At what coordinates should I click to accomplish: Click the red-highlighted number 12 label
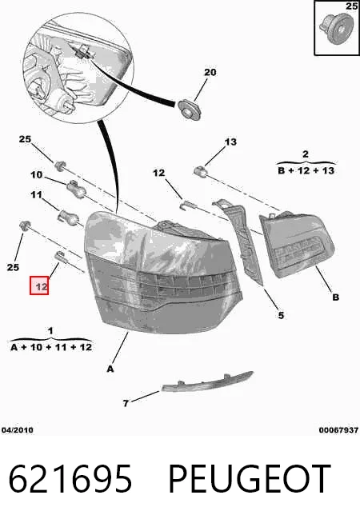[x=39, y=285]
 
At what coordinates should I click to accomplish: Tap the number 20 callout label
[x=210, y=72]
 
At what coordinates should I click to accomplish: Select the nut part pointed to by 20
[x=189, y=110]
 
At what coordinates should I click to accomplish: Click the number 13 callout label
[x=230, y=142]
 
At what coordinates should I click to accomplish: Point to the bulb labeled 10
[x=75, y=189]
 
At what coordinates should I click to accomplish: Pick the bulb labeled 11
[x=69, y=216]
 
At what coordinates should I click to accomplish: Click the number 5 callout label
[x=281, y=315]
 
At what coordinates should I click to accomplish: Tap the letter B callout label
[x=336, y=297]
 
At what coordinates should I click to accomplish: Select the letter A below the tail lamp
[x=110, y=369]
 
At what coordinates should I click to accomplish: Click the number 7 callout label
[x=126, y=404]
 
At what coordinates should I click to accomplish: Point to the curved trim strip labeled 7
[x=207, y=381]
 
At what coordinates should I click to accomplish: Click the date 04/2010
[x=18, y=430]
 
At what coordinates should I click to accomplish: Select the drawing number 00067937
[x=338, y=430]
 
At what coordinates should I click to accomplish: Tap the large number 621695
[x=70, y=479]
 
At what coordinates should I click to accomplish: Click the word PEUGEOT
[x=250, y=479]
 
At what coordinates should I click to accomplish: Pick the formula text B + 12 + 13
[x=306, y=170]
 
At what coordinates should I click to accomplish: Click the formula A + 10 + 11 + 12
[x=51, y=347]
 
